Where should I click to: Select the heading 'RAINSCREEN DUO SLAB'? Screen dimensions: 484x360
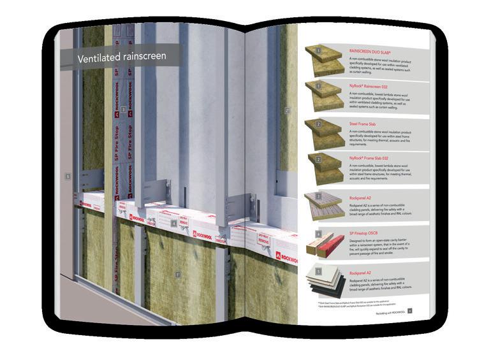click(372, 49)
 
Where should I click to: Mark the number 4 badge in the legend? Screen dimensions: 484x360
click(317, 234)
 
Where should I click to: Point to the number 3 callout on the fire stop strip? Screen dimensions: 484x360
click(122, 109)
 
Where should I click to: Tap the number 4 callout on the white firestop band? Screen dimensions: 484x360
click(173, 224)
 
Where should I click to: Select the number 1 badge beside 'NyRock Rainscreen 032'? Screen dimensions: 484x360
click(317, 85)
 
